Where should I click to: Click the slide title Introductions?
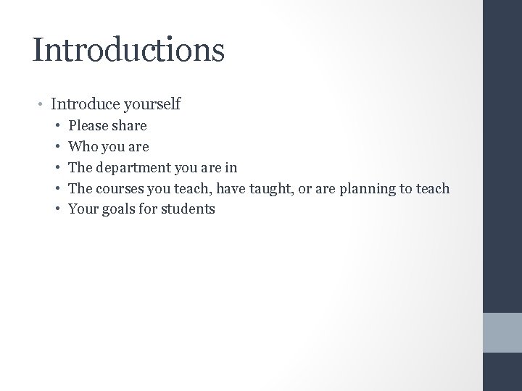(x=128, y=49)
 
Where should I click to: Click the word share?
(x=130, y=126)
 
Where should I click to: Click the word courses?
(x=117, y=189)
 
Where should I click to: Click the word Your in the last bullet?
(x=82, y=210)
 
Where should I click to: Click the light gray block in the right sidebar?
(x=502, y=333)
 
